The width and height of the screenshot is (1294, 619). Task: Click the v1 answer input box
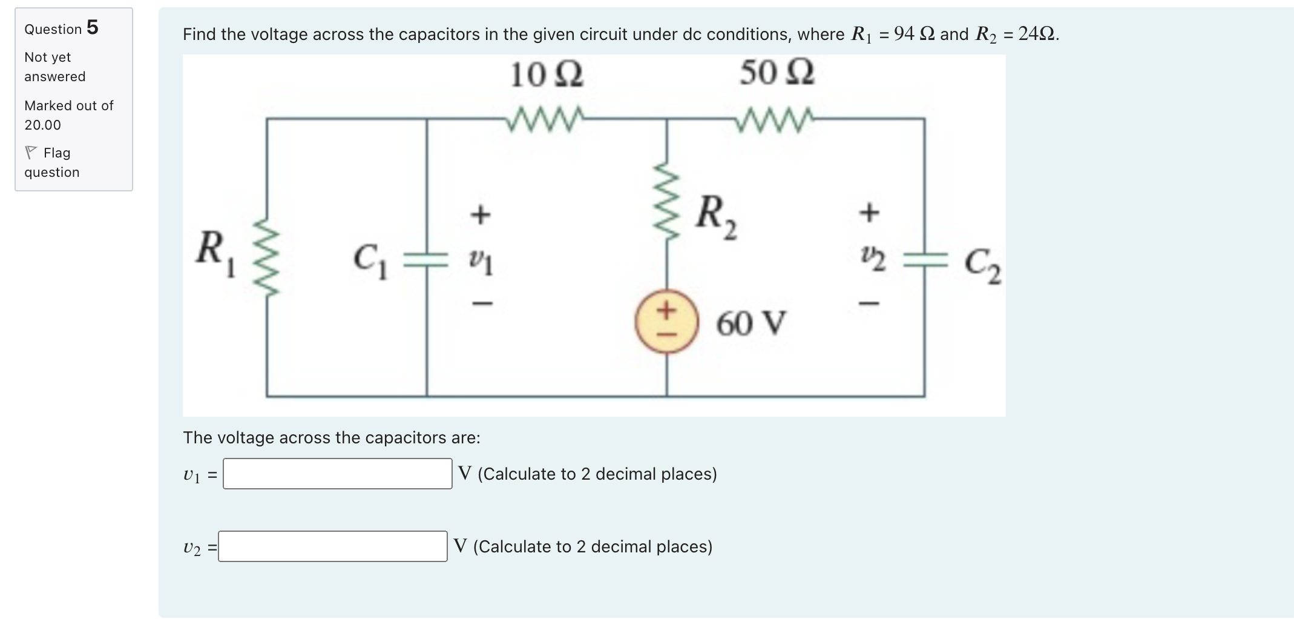[337, 474]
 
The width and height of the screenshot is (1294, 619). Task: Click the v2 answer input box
[332, 546]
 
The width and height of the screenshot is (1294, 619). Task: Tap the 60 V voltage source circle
[666, 321]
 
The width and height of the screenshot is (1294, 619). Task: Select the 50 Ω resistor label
[777, 73]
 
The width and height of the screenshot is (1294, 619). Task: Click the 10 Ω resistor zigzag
[545, 119]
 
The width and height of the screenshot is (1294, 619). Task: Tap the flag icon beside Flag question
[31, 153]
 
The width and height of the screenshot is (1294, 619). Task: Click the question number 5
[92, 27]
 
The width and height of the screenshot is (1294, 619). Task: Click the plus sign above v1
[480, 214]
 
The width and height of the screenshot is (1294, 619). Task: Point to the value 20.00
[42, 125]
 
